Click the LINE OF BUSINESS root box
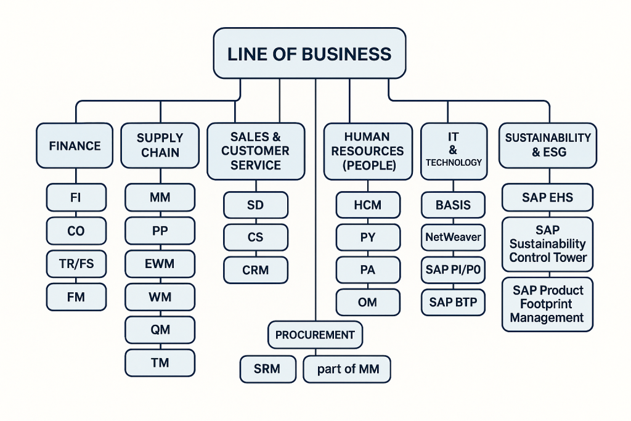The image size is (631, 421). (309, 54)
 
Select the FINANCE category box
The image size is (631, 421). (75, 146)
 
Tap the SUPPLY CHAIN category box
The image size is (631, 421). (160, 145)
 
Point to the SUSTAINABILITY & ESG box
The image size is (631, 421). (548, 145)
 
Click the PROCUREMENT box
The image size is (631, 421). (315, 335)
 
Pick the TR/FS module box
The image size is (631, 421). (76, 264)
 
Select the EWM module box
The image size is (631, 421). (160, 264)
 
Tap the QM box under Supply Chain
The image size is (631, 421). (160, 329)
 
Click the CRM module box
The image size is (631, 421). (255, 270)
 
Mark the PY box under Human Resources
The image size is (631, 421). (368, 237)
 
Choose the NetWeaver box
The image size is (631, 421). (454, 237)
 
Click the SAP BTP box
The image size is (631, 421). (454, 302)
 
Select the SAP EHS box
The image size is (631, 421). (547, 198)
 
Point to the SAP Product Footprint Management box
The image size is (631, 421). (547, 304)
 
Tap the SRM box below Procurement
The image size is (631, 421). (267, 369)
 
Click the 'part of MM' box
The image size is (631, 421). (348, 369)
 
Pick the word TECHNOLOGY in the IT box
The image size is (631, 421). (454, 162)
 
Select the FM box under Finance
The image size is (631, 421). (76, 297)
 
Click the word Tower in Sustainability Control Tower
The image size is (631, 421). (570, 258)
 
